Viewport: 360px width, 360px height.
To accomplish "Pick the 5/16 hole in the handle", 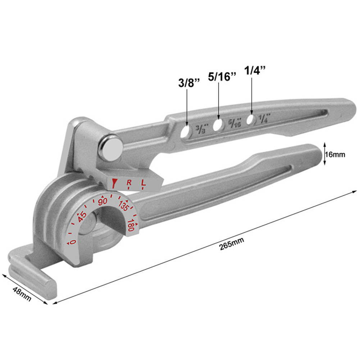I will [x=218, y=125].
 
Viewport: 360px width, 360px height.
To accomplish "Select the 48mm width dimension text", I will [x=21, y=295].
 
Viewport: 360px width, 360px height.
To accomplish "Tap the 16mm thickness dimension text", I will [x=335, y=154].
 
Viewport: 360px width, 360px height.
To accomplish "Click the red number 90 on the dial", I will [x=103, y=201].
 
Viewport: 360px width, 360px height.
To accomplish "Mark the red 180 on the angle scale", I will [x=132, y=225].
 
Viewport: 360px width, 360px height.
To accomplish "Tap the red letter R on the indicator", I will [x=129, y=183].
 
